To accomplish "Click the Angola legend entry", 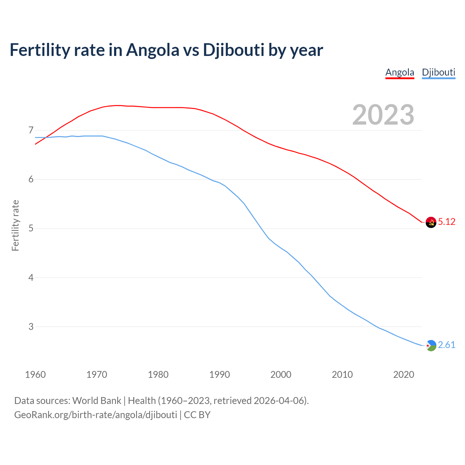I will (x=400, y=72).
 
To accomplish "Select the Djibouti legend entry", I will (x=438, y=72).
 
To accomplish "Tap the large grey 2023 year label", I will (x=383, y=115).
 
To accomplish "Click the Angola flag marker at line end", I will (x=431, y=222).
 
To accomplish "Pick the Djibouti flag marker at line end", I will (x=431, y=345).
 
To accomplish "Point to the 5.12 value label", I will (x=446, y=222).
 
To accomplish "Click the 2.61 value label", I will (x=446, y=345).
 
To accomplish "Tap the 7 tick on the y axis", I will (x=31, y=130).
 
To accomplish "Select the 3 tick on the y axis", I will (x=31, y=327).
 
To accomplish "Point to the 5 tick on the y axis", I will (x=31, y=229).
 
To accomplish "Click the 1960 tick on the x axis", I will (x=35, y=375).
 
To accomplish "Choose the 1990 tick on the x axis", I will (x=219, y=375).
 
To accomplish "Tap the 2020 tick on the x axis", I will (x=404, y=375).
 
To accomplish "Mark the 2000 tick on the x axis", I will (x=281, y=375).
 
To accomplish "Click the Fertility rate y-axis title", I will (x=15, y=225).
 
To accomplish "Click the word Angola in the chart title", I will (x=153, y=50).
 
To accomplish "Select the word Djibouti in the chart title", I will (x=233, y=50).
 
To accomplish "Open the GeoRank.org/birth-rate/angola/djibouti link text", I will (x=96, y=415).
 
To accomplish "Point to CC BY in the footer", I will (x=197, y=415).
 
